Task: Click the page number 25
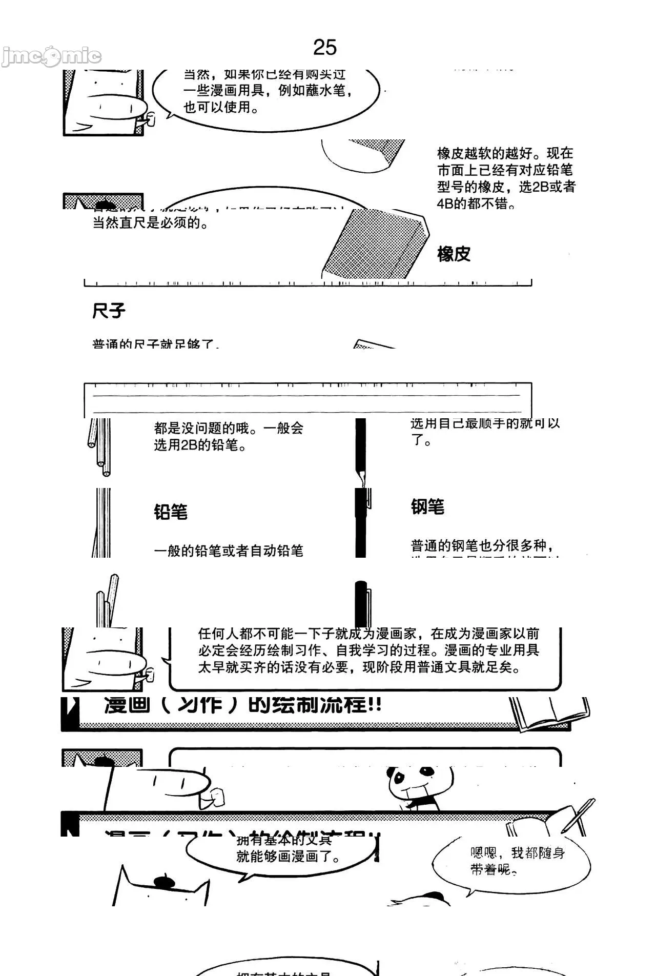[x=324, y=48]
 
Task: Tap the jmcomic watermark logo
[x=51, y=56]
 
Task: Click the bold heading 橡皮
[x=454, y=254]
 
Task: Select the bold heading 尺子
[x=109, y=311]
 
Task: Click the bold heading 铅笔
[x=171, y=512]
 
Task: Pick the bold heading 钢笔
[x=427, y=506]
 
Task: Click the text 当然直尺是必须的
[x=150, y=223]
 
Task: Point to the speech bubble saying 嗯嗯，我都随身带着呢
[x=512, y=861]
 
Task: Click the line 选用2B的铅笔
[x=200, y=445]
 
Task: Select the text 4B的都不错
[x=476, y=204]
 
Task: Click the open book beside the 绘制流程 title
[x=548, y=713]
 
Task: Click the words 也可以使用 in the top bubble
[x=221, y=107]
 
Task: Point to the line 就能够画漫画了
[x=288, y=857]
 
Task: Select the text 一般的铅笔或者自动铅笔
[x=229, y=551]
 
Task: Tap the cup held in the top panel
[x=150, y=119]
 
